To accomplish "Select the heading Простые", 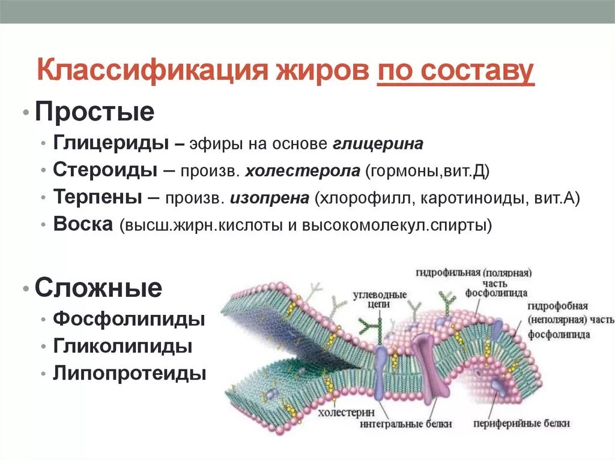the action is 94,112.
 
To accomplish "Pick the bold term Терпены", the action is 98,197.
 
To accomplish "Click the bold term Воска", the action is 82,224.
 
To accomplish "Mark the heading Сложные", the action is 98,288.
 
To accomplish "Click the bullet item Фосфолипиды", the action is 129,318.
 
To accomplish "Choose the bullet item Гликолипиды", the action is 123,346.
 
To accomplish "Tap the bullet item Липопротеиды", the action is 130,373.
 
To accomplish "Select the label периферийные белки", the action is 520,423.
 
